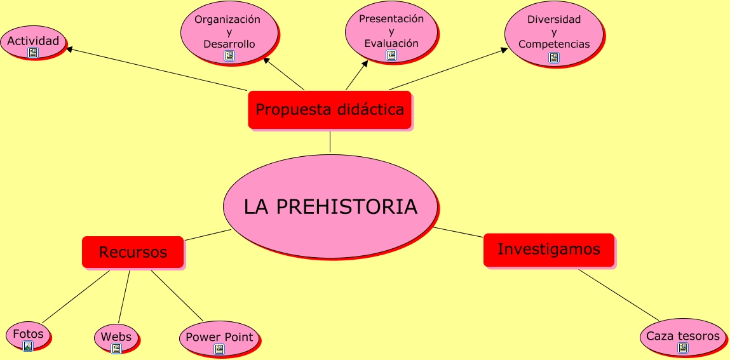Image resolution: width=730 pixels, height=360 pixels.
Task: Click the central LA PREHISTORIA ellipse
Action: (x=330, y=206)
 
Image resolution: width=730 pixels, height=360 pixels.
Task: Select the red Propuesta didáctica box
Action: (x=330, y=110)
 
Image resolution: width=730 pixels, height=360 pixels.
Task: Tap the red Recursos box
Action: (x=133, y=252)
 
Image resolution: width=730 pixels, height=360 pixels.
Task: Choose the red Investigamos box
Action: (x=549, y=250)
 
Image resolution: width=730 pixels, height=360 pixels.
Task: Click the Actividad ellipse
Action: (x=33, y=42)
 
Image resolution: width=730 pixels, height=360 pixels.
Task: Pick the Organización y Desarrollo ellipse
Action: (x=229, y=32)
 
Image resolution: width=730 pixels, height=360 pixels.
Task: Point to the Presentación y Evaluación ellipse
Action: (x=391, y=32)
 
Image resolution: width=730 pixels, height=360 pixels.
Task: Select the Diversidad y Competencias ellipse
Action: (x=553, y=34)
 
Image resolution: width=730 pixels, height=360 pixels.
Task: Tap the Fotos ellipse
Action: (x=28, y=335)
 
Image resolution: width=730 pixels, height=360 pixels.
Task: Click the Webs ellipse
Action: (x=116, y=338)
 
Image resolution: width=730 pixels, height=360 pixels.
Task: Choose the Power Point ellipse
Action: (x=219, y=338)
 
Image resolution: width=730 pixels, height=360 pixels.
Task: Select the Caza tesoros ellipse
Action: (x=683, y=337)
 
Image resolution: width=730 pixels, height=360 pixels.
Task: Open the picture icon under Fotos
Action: (x=28, y=345)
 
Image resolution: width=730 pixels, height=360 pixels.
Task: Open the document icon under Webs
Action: (x=116, y=349)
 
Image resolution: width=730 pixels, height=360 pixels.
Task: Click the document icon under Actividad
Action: (x=32, y=53)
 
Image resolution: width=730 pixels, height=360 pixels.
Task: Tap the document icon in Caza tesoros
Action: (x=683, y=348)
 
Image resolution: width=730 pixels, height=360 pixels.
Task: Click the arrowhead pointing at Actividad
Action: (x=69, y=48)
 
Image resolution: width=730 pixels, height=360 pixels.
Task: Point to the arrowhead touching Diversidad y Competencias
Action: (x=504, y=50)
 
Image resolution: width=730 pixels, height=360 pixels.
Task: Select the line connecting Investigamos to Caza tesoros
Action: (x=619, y=295)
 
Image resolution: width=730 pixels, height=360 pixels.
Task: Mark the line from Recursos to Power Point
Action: (x=177, y=296)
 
